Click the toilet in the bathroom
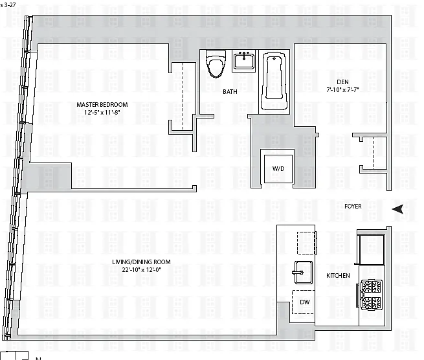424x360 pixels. pos(216,63)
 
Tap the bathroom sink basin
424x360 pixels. pos(244,61)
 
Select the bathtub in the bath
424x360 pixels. pos(274,81)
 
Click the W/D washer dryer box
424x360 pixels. pos(278,169)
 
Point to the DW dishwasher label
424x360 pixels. pos(305,302)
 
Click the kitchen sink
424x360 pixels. pos(303,273)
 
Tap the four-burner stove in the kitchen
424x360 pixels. pos(371,295)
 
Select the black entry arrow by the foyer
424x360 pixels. pos(398,208)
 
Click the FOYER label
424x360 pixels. pos(353,207)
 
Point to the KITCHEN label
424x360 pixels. pos(338,276)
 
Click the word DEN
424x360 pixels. pos(342,82)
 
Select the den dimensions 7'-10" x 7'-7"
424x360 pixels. pos(342,90)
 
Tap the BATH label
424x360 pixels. pos(230,92)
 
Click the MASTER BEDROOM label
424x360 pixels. pos(102,104)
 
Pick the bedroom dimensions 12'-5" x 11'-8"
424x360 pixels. pos(102,112)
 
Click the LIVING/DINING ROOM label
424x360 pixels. pos(141,262)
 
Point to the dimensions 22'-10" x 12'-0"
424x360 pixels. pos(141,269)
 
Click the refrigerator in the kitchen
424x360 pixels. pos(371,250)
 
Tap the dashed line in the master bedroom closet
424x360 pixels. pos(183,96)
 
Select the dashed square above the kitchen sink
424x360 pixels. pos(306,243)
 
